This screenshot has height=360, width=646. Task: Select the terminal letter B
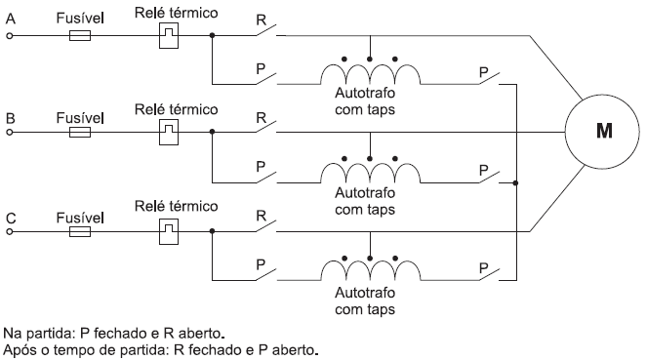click(x=11, y=117)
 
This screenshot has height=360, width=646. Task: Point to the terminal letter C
click(x=11, y=217)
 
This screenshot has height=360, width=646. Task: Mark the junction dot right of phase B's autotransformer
click(x=515, y=181)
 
